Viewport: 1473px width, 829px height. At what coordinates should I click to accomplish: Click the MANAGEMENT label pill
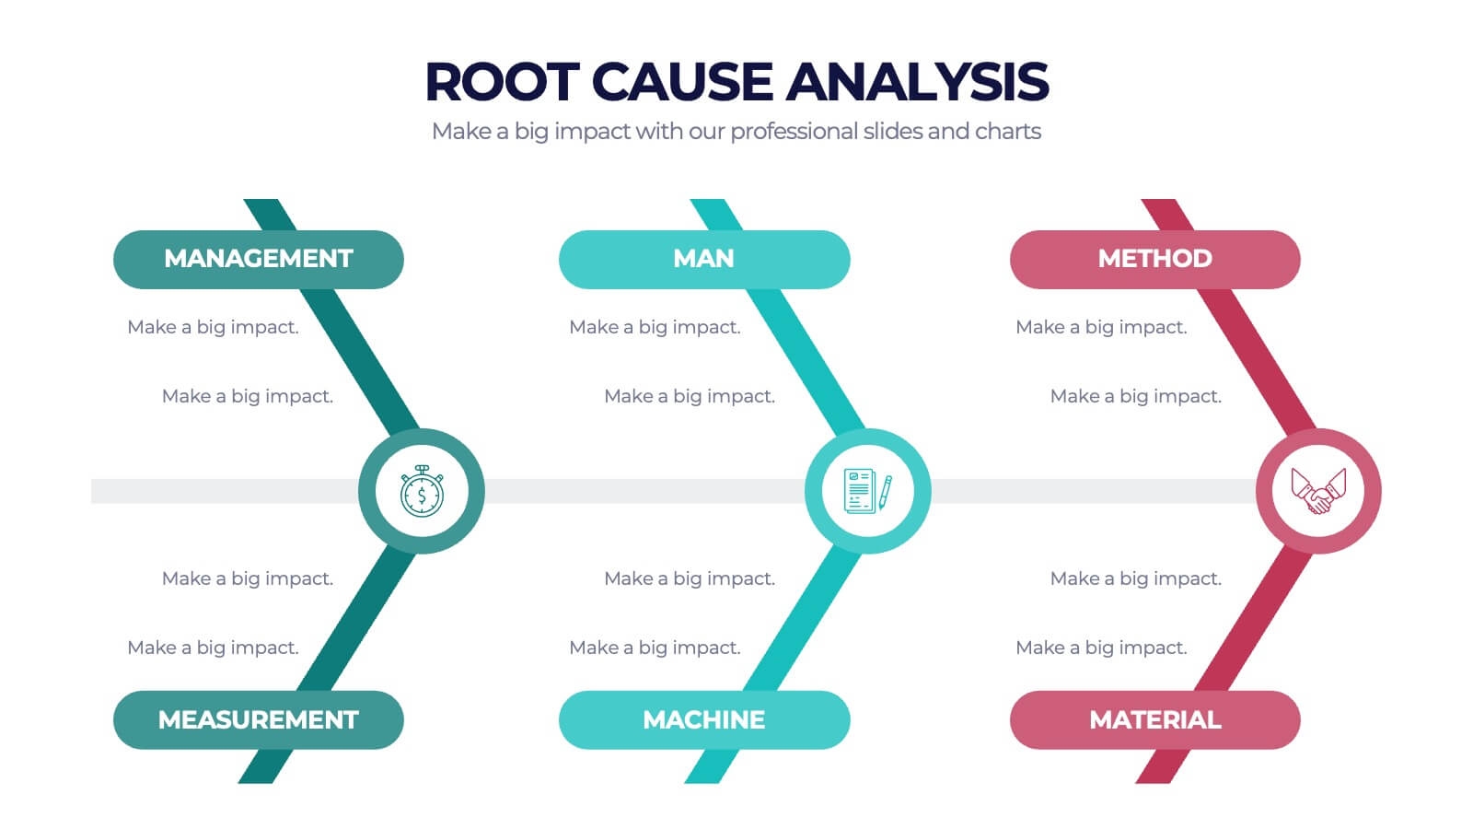pyautogui.click(x=258, y=259)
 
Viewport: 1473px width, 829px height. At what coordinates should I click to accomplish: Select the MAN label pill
pyautogui.click(x=703, y=259)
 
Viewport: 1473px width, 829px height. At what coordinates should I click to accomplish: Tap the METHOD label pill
pyautogui.click(x=1154, y=259)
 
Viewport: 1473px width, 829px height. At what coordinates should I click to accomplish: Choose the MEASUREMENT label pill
pyautogui.click(x=258, y=719)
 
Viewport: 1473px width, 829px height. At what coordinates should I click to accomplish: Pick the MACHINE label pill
pyautogui.click(x=703, y=719)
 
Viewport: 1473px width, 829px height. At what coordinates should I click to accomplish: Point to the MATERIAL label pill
pyautogui.click(x=1154, y=719)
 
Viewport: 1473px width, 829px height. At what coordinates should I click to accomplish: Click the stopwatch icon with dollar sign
pyautogui.click(x=422, y=491)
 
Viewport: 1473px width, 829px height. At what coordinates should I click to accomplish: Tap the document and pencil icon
pyautogui.click(x=867, y=491)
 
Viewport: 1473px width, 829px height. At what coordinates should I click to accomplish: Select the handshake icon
pyautogui.click(x=1318, y=491)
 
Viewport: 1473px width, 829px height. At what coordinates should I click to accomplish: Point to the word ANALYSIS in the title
pyautogui.click(x=917, y=82)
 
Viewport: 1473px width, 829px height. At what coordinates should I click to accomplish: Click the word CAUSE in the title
pyautogui.click(x=681, y=82)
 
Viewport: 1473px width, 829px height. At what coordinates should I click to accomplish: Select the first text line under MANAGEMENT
pyautogui.click(x=213, y=327)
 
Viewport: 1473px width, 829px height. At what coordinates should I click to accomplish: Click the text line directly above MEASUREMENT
pyautogui.click(x=213, y=648)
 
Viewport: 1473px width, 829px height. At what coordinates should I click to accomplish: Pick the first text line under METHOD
pyautogui.click(x=1101, y=327)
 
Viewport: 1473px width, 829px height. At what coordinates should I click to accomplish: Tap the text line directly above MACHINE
pyautogui.click(x=655, y=648)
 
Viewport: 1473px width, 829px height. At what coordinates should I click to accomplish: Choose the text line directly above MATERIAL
pyautogui.click(x=1101, y=648)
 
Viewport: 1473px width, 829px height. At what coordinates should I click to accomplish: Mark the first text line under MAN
pyautogui.click(x=655, y=327)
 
